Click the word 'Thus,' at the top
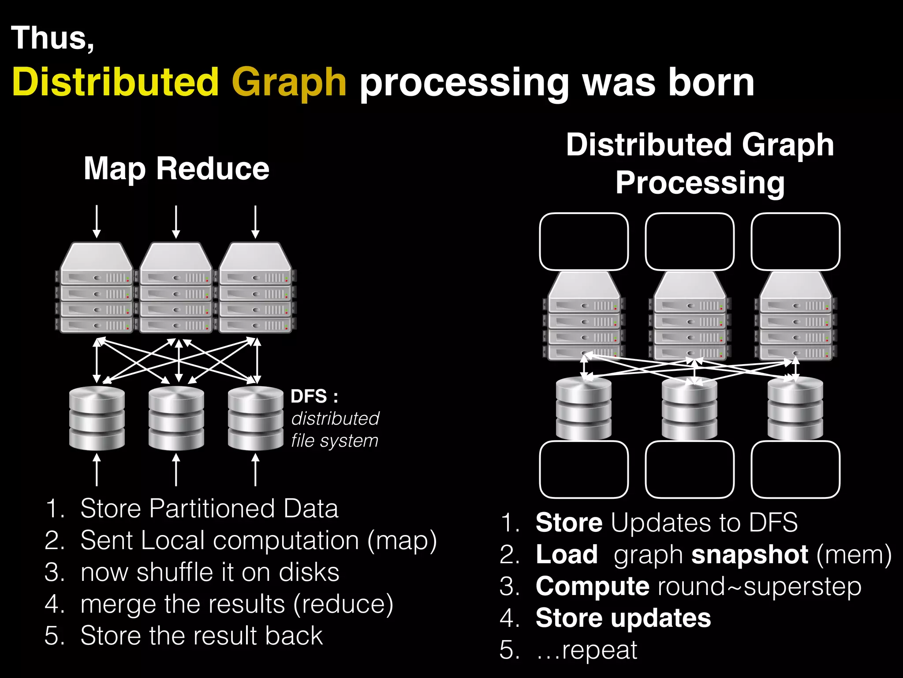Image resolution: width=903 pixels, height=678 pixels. [x=52, y=38]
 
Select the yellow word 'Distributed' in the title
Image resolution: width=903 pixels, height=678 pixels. [x=116, y=82]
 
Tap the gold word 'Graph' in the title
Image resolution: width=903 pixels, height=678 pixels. [x=289, y=83]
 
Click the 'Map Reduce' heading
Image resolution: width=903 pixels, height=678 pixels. [x=176, y=169]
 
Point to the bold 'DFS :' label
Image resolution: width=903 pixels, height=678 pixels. [x=314, y=396]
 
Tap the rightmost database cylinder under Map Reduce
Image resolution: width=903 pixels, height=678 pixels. [x=255, y=418]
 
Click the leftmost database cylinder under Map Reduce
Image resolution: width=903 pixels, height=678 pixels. [x=97, y=418]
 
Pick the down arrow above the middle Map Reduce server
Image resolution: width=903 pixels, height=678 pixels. [x=176, y=222]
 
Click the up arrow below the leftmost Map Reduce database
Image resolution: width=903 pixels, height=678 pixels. [x=97, y=470]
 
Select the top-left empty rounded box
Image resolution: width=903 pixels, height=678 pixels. [x=584, y=242]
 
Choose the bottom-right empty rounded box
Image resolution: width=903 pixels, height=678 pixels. [x=795, y=469]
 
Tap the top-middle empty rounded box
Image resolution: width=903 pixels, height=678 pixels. [x=690, y=242]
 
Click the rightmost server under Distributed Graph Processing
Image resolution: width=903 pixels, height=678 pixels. [x=795, y=316]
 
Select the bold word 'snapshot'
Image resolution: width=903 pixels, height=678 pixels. [x=750, y=555]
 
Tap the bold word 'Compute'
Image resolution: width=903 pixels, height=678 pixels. [x=592, y=587]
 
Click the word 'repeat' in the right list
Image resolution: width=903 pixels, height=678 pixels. [x=599, y=650]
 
